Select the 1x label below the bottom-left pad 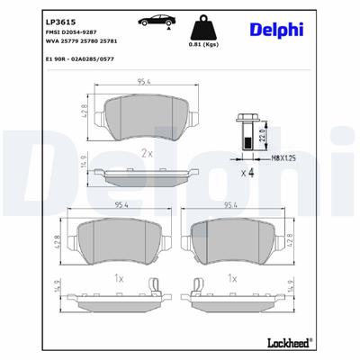(119, 278)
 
